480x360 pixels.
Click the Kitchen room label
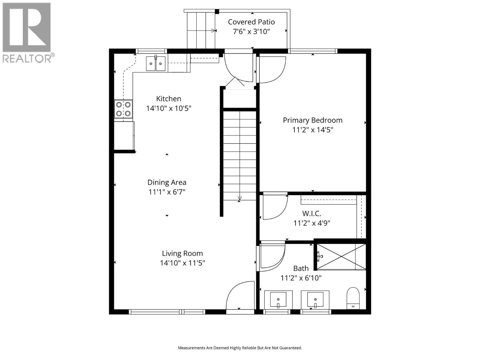tap(168, 99)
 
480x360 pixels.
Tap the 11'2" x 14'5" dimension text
tap(313, 130)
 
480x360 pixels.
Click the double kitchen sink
tap(156, 64)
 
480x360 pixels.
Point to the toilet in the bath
tap(353, 298)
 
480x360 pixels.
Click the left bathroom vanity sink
tap(278, 299)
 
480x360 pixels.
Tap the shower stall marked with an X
tap(341, 257)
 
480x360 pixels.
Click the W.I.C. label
tap(311, 214)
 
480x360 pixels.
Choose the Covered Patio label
tap(251, 22)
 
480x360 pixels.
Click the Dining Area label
tap(167, 182)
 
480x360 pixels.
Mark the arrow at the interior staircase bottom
tap(239, 198)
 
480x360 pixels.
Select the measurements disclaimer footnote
tap(240, 348)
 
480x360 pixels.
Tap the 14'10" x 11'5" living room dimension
tap(182, 263)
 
